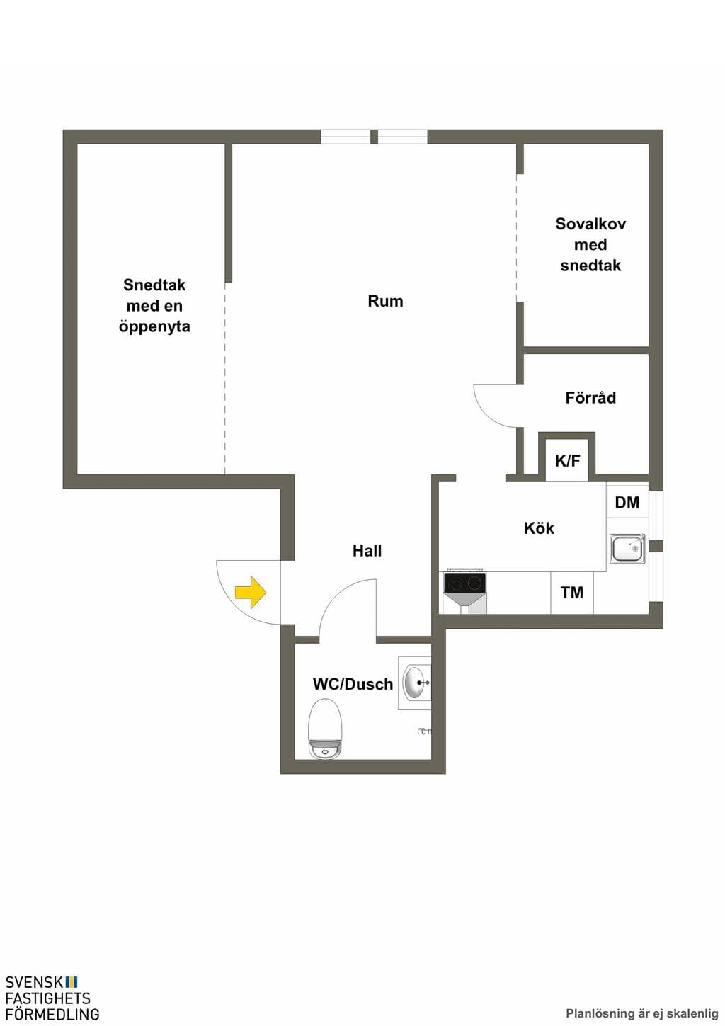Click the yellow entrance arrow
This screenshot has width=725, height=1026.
(251, 592)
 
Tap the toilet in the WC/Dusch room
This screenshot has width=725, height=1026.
(325, 729)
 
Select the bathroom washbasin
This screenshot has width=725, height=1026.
(416, 683)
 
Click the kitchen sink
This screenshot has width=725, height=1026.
(627, 548)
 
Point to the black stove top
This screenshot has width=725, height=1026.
(464, 583)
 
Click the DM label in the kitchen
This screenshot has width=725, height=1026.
(627, 503)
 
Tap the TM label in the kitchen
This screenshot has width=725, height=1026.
(571, 593)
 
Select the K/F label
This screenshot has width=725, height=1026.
(567, 461)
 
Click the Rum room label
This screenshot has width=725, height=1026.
(385, 301)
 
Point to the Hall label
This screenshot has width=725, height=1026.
(367, 551)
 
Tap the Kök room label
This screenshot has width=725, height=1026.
(539, 528)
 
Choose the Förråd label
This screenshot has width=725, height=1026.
(590, 397)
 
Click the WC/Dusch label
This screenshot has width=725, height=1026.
(353, 684)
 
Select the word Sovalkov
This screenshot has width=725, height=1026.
(590, 224)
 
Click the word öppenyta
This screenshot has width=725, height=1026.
(154, 326)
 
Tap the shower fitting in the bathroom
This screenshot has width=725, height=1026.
(425, 731)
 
